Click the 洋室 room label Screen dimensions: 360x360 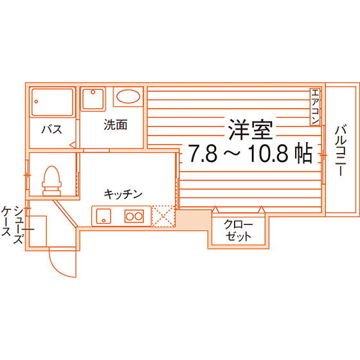(x=251, y=130)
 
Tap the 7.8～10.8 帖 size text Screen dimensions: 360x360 (x=250, y=153)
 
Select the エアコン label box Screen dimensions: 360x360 (x=315, y=107)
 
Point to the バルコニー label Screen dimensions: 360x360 (x=341, y=150)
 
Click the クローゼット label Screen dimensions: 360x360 (x=239, y=231)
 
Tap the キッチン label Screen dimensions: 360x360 (x=123, y=194)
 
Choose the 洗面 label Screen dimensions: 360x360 (x=116, y=125)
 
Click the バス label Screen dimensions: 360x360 (x=52, y=129)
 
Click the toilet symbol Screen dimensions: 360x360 (x=52, y=181)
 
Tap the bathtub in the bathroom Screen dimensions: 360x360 (x=52, y=102)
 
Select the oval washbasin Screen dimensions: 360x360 (x=128, y=96)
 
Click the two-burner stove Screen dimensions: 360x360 (x=134, y=216)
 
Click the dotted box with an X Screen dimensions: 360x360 (x=164, y=216)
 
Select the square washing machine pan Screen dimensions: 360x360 (x=93, y=99)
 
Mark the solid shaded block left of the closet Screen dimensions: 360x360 (x=194, y=219)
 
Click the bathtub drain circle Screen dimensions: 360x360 (x=36, y=102)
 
